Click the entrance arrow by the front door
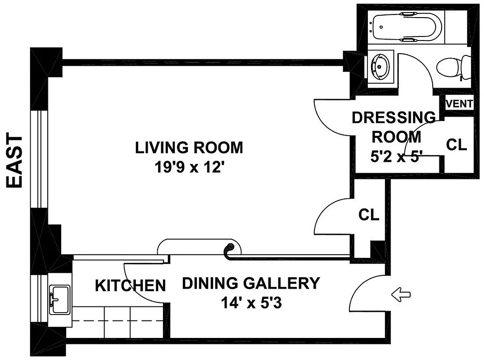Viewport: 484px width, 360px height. [x=402, y=295]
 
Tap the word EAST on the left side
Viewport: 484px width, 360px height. [x=16, y=161]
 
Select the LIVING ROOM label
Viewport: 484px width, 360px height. [x=189, y=148]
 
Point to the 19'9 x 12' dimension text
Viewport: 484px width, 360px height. [x=189, y=168]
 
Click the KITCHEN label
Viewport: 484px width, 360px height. [x=130, y=285]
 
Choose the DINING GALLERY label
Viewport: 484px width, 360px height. [x=250, y=283]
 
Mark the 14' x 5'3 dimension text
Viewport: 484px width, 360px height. [x=250, y=304]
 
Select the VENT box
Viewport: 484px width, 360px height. [x=459, y=104]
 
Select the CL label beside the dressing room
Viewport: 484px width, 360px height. [x=457, y=145]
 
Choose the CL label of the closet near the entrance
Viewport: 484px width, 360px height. [x=369, y=215]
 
